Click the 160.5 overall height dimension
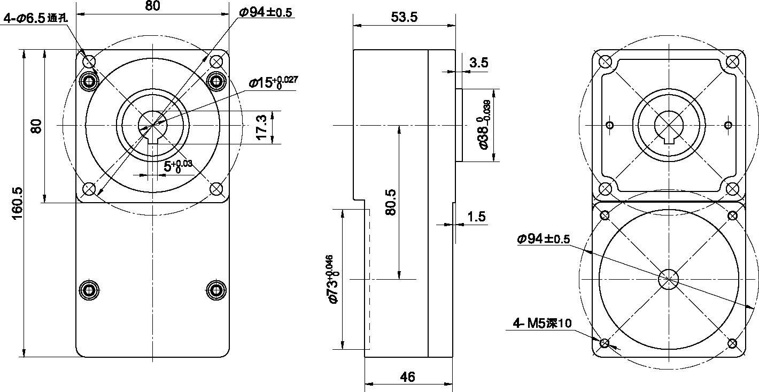[17, 203]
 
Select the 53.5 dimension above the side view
[404, 17]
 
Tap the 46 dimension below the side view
[407, 376]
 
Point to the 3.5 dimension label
[479, 63]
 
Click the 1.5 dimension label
[476, 217]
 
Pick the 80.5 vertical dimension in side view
[391, 202]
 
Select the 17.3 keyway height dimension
[261, 127]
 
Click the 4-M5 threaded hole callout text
[542, 323]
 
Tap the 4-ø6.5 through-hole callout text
[36, 18]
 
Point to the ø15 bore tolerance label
[274, 82]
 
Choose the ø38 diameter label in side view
[484, 125]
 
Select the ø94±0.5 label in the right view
[544, 239]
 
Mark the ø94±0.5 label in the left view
[265, 12]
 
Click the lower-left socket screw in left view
[89, 290]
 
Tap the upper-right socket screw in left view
[216, 81]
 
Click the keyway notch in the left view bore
[153, 140]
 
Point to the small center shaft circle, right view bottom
[668, 279]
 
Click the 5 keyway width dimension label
[177, 166]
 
